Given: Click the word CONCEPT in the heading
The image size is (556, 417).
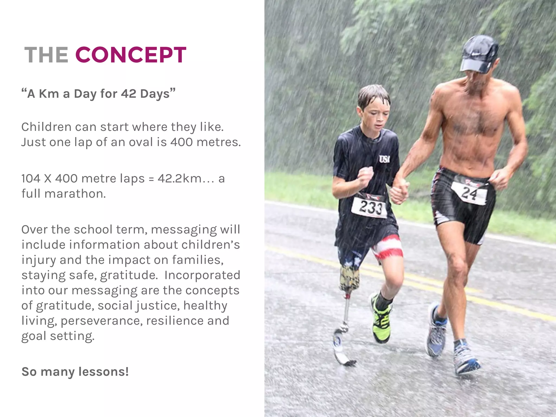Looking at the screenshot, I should [131, 55].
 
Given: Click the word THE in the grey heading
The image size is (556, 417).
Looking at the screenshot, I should [46, 55].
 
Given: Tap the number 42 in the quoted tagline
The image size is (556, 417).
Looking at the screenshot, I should [128, 94].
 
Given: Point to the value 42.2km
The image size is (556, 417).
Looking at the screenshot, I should [179, 179].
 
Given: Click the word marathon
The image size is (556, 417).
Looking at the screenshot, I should [75, 194].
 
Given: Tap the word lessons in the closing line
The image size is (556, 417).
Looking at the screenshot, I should [103, 371].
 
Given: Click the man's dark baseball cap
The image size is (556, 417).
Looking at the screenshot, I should [480, 53].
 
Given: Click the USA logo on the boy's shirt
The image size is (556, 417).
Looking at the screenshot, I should [384, 159].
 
